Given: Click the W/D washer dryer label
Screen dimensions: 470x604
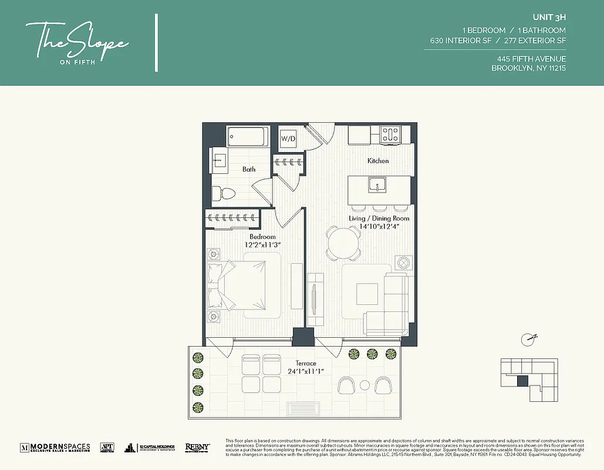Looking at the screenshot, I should coord(288,139).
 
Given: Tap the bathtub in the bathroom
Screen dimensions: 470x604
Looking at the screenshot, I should coord(248,137).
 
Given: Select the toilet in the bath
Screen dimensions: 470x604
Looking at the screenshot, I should coord(222,193).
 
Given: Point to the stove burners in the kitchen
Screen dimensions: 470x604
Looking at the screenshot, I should coord(390,134).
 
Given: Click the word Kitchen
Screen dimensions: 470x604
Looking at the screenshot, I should coord(378,161).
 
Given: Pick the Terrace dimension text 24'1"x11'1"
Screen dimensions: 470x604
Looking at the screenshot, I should coord(305,371).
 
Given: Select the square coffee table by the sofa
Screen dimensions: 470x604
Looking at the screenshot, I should coord(367,293).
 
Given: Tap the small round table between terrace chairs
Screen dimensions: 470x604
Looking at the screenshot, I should coord(364,385).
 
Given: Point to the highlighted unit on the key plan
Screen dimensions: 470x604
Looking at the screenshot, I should coord(522,381).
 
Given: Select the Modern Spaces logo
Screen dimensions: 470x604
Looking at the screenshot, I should coord(55,448).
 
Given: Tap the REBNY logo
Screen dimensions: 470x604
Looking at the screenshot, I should coord(198,448).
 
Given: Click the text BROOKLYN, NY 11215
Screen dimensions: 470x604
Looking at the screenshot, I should coord(528,68).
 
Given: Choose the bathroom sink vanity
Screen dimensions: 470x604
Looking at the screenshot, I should coord(219,159).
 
